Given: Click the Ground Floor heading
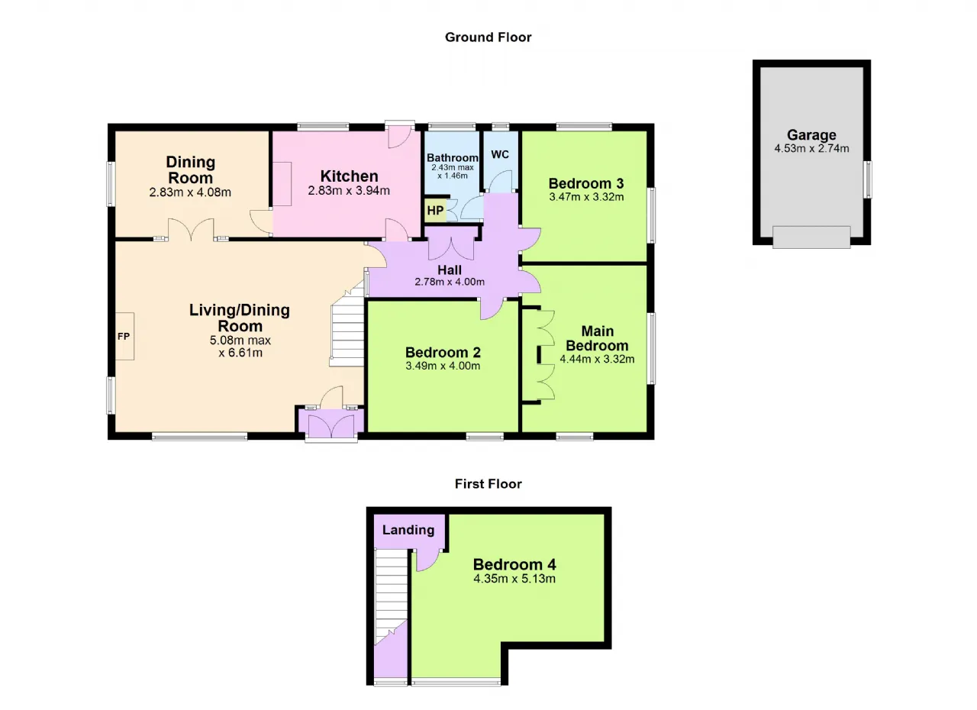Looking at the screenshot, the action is (x=488, y=37).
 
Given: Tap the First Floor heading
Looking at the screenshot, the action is (x=488, y=484).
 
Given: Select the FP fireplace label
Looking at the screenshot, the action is (x=124, y=336).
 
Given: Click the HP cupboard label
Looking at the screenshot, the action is (x=435, y=211).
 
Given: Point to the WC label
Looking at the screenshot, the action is (x=500, y=154).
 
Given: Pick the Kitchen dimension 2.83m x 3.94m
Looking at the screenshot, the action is (x=349, y=191).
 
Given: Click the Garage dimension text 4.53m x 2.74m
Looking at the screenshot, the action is (x=811, y=148).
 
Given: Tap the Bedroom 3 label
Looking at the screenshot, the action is (x=586, y=183).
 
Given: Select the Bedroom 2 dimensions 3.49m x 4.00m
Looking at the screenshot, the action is (x=443, y=366).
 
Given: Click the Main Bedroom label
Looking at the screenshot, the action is (x=597, y=338).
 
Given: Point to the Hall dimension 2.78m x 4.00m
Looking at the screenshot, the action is (x=450, y=282).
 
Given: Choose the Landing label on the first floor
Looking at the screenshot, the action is (x=408, y=530).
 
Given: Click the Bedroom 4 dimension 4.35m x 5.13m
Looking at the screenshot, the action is (x=514, y=579).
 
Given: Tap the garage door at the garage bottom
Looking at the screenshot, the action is (x=811, y=237).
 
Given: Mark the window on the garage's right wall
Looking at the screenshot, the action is (x=869, y=179).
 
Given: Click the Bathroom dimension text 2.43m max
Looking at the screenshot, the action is (x=453, y=167).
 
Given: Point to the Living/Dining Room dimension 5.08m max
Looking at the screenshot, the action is (x=240, y=340).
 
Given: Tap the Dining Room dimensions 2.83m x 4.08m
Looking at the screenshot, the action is (x=190, y=192).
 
